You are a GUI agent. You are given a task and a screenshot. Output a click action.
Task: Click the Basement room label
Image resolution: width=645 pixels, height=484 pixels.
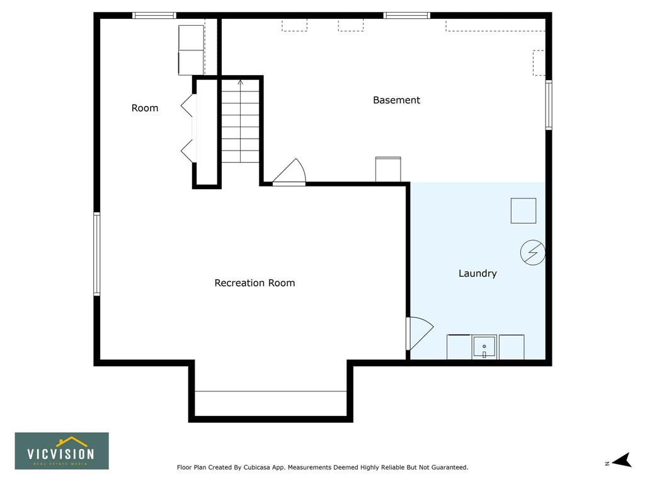396,100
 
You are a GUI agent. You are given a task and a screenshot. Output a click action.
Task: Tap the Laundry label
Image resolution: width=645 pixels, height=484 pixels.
477,274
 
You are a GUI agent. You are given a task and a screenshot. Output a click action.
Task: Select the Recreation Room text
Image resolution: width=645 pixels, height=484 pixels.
254,283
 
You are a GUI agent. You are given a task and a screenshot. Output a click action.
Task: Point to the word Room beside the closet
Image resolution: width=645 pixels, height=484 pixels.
145,108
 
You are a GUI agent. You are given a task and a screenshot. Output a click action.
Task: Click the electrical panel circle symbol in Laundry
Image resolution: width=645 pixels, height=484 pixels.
533,252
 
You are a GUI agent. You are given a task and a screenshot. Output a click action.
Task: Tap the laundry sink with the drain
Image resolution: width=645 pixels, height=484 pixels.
484,347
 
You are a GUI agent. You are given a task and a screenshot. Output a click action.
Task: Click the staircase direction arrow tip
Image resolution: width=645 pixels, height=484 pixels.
240,81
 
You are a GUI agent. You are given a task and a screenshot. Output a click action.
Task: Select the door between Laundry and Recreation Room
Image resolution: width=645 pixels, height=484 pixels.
419,333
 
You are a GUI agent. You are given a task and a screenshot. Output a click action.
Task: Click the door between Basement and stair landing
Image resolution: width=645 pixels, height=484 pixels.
290,171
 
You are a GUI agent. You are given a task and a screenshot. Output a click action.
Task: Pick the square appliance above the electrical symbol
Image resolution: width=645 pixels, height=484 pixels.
523,210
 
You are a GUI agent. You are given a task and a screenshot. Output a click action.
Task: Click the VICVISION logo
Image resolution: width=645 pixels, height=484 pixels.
62,451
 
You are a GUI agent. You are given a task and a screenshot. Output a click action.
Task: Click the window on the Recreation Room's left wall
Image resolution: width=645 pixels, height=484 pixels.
96,253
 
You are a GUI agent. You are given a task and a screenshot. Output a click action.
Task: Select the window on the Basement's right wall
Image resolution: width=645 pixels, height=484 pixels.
549,105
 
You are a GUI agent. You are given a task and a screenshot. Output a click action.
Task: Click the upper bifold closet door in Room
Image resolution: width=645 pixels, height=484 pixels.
187,105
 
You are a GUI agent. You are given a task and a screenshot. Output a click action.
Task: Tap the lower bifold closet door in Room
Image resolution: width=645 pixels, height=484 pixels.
187,151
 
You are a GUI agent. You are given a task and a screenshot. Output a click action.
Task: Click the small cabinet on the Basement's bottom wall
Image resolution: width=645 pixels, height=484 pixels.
388,169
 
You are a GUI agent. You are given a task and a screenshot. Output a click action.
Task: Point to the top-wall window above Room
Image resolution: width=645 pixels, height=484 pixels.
154,16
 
